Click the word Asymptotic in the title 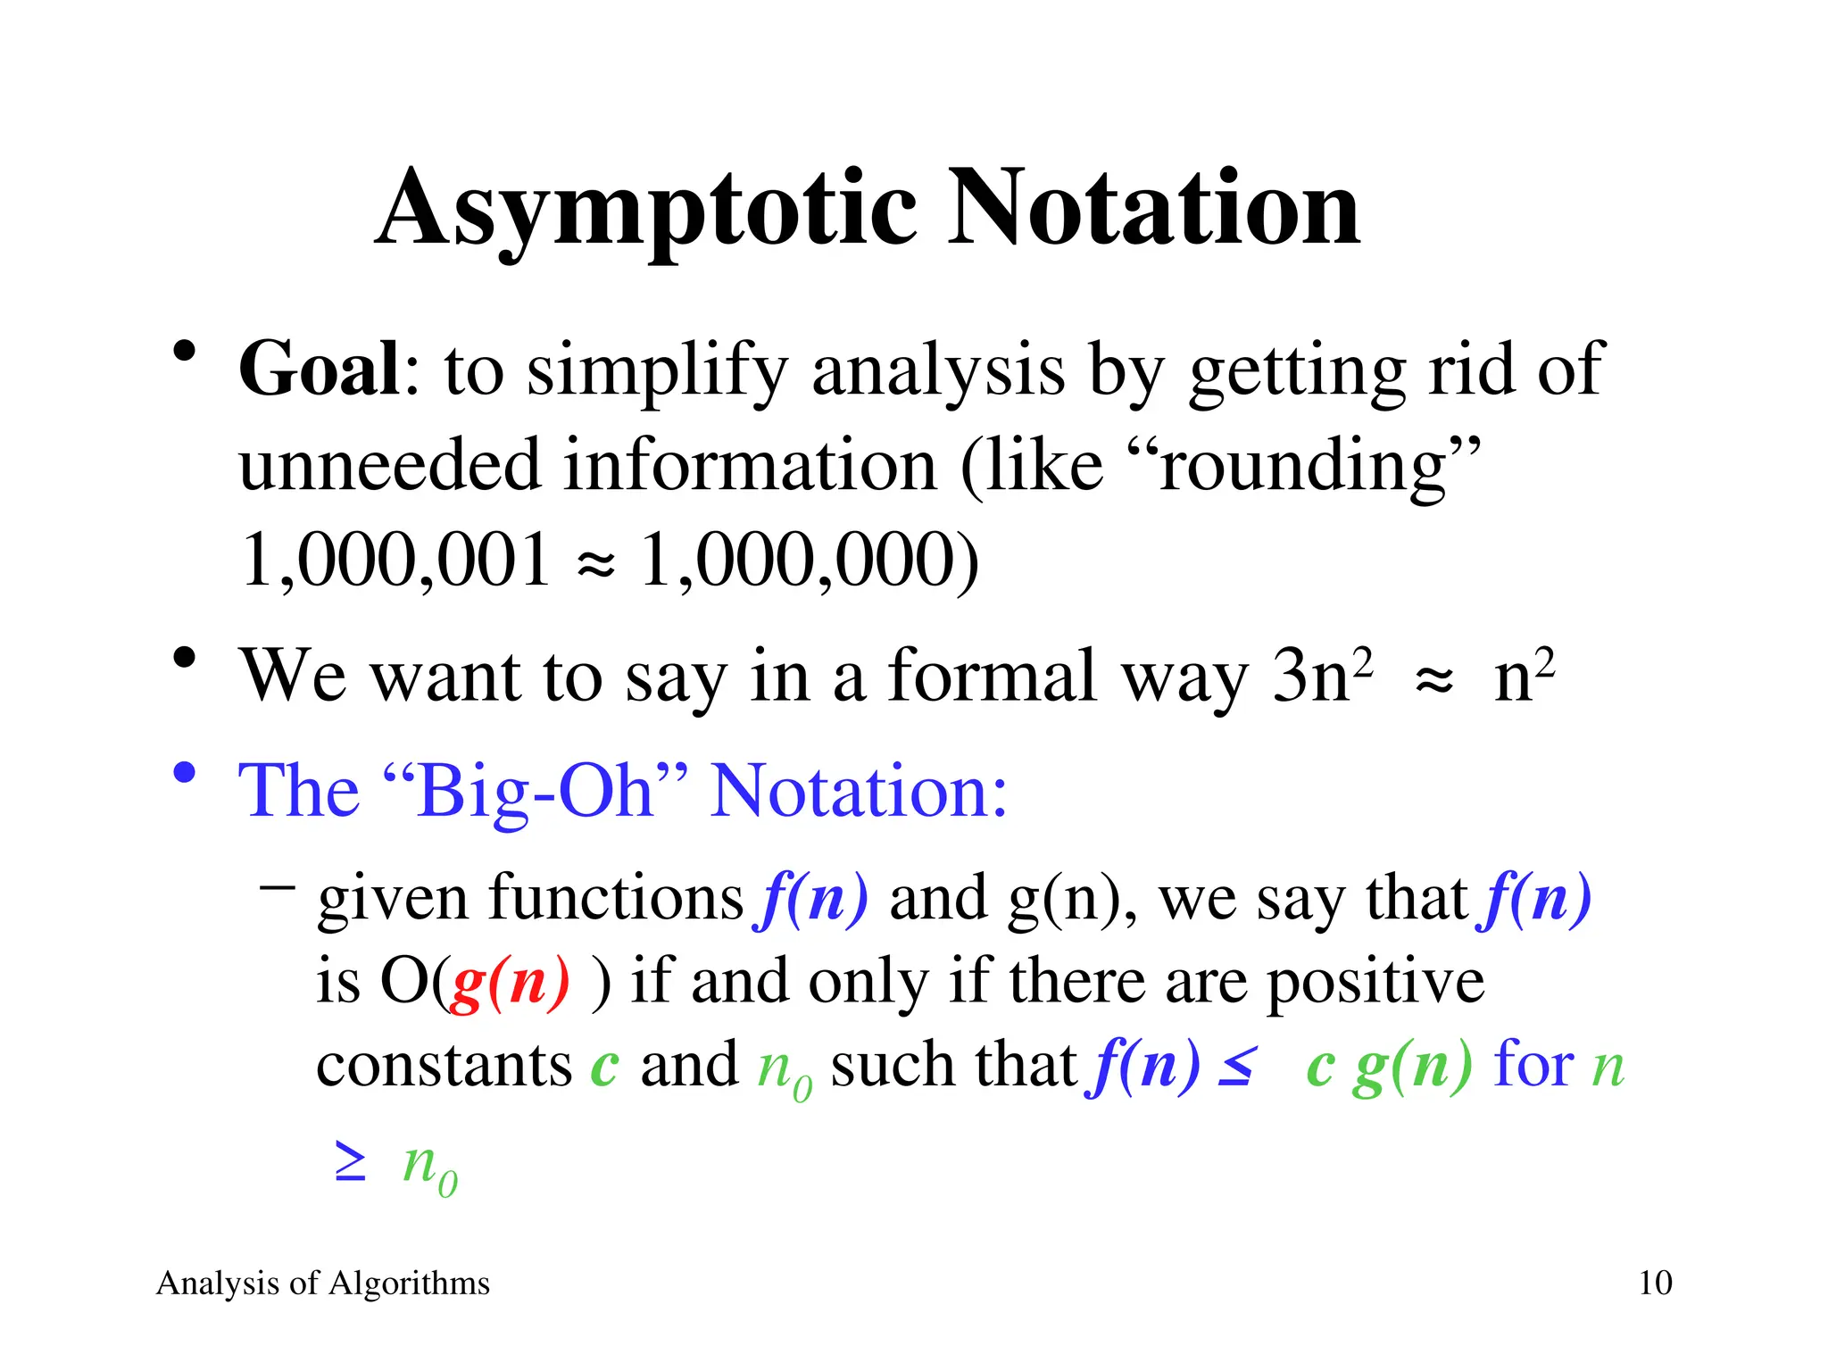(646, 211)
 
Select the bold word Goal (320, 370)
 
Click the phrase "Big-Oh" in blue (536, 791)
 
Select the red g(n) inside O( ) (509, 982)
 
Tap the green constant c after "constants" (604, 1066)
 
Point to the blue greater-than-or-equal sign (350, 1162)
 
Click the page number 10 (1655, 1284)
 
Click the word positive (1375, 982)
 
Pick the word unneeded (390, 466)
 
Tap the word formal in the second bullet (992, 675)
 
